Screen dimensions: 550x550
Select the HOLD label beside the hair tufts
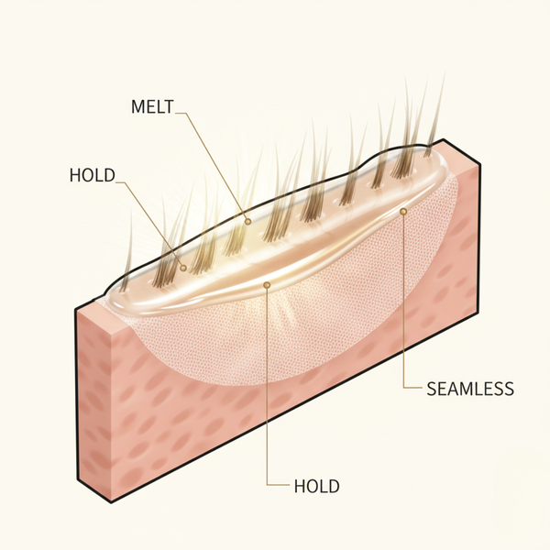[x=93, y=174]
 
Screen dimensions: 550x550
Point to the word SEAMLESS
[x=470, y=388]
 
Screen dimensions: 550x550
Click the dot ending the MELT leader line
[x=247, y=220]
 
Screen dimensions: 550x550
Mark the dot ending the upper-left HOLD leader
[x=184, y=268]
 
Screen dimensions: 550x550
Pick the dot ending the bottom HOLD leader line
[x=266, y=285]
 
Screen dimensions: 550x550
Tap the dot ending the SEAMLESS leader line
[x=403, y=211]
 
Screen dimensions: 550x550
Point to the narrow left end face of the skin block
[x=92, y=403]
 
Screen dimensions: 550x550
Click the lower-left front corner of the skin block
[x=112, y=502]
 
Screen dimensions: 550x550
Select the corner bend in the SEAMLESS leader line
[x=403, y=388]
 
